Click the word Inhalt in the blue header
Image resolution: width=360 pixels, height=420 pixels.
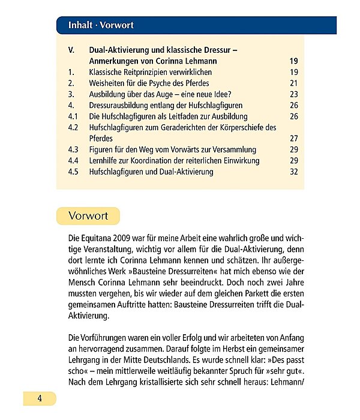(80, 25)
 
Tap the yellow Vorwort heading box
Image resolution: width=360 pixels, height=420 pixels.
(88, 216)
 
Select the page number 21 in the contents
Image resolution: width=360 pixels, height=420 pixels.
(293, 83)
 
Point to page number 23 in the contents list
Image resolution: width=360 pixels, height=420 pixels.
(293, 94)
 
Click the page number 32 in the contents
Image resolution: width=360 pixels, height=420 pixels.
(293, 172)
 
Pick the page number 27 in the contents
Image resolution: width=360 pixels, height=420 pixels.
(293, 138)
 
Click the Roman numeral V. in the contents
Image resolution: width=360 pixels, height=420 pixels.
(71, 50)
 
